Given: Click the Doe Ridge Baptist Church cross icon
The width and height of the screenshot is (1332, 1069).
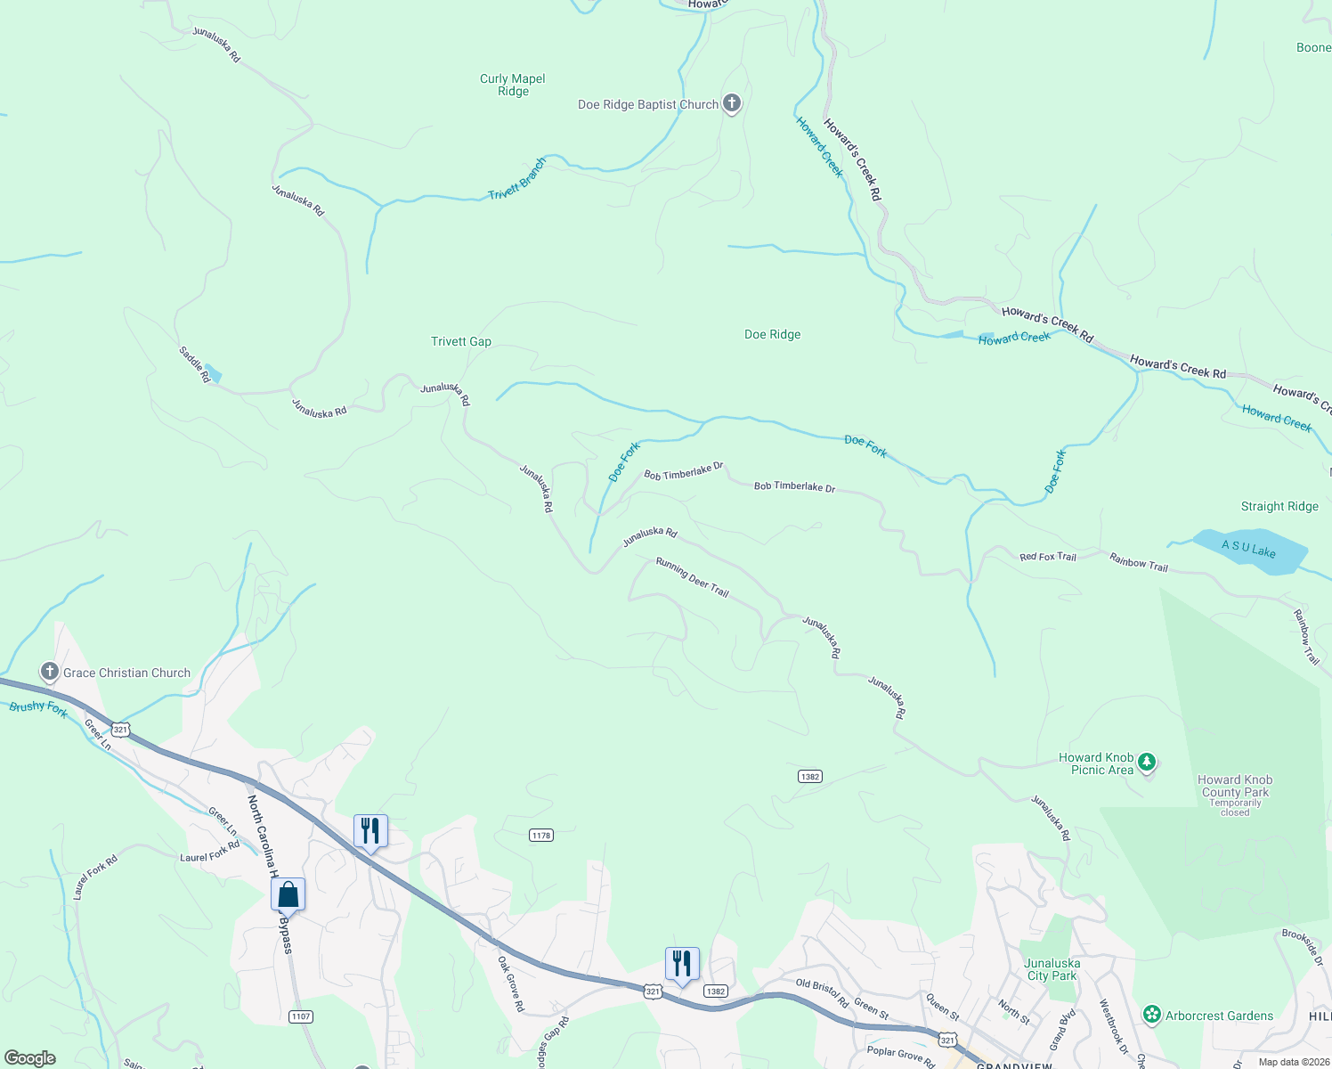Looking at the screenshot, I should click(731, 104).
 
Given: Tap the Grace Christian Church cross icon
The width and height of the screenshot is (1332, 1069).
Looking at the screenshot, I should click(50, 672).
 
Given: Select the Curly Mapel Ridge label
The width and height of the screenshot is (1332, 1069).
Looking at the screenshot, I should click(513, 85).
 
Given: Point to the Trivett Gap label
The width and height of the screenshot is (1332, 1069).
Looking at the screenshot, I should click(461, 341).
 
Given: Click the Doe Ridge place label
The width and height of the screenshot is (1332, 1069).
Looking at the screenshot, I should click(772, 334).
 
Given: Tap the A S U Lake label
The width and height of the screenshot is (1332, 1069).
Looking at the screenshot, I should click(1248, 549).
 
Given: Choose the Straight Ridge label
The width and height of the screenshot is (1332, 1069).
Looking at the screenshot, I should click(1279, 506).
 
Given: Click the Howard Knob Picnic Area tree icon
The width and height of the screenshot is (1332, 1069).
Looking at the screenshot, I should click(1147, 762).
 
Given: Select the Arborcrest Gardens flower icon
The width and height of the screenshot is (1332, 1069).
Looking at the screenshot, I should click(1152, 1015).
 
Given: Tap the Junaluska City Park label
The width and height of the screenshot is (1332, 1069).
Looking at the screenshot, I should click(1052, 969).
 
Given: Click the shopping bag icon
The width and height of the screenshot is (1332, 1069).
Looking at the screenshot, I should click(288, 894).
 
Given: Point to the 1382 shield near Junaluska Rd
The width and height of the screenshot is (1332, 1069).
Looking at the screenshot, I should click(809, 777).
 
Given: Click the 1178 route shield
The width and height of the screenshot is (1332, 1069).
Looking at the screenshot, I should click(541, 835).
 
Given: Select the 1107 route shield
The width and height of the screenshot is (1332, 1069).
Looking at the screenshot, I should click(301, 1016).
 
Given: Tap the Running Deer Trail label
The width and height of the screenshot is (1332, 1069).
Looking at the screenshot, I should click(692, 577).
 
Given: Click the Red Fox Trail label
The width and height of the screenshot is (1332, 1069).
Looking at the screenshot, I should click(1048, 557).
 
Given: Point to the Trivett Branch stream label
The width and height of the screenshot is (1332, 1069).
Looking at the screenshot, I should click(517, 179).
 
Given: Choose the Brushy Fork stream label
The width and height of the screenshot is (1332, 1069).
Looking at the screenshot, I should click(38, 708).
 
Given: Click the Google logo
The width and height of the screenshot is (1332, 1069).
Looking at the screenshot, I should click(30, 1057).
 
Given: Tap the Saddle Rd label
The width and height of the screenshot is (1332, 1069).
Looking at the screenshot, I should click(195, 364).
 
